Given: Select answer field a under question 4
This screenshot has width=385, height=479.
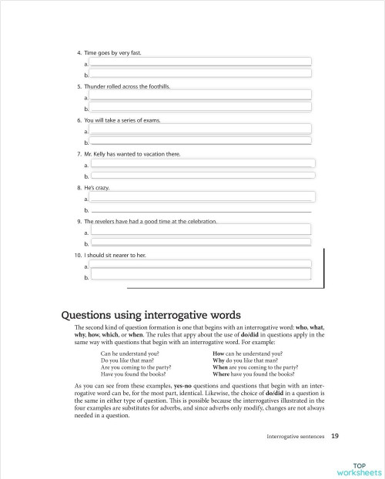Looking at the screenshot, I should [200, 62].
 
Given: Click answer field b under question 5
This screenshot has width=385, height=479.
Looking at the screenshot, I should [200, 108].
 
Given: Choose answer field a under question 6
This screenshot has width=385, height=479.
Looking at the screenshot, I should [200, 129].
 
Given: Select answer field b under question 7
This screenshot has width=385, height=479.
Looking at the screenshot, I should [200, 176].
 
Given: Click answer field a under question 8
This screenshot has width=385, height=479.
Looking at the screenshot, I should [200, 198].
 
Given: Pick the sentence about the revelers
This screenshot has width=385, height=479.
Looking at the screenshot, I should [151, 222].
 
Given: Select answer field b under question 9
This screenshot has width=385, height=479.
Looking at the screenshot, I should [200, 243].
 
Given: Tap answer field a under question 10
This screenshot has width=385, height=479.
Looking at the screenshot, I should [200, 264].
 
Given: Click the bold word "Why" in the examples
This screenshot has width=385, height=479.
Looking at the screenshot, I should [218, 360].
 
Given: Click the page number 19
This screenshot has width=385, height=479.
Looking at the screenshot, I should [333, 436].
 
